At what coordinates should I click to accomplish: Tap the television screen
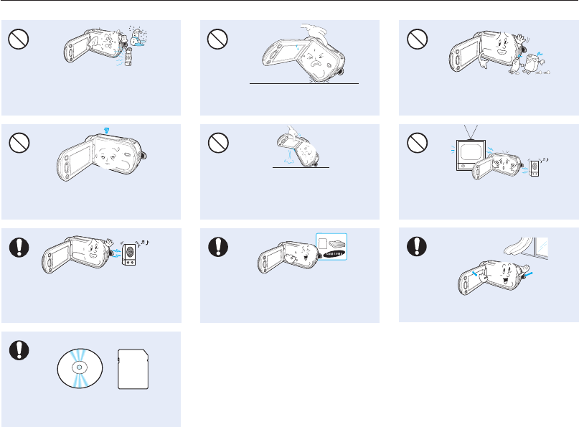(x=471, y=153)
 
